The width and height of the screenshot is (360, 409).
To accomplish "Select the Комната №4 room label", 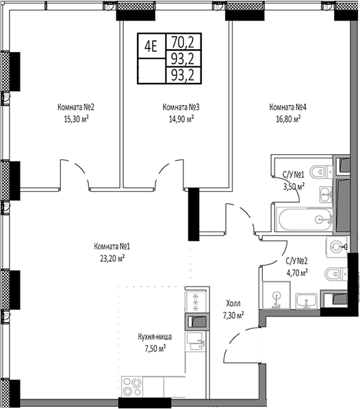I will [x=287, y=107].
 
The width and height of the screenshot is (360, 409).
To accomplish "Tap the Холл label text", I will [x=233, y=303].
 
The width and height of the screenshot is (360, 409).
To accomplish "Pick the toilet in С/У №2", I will [x=333, y=274].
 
